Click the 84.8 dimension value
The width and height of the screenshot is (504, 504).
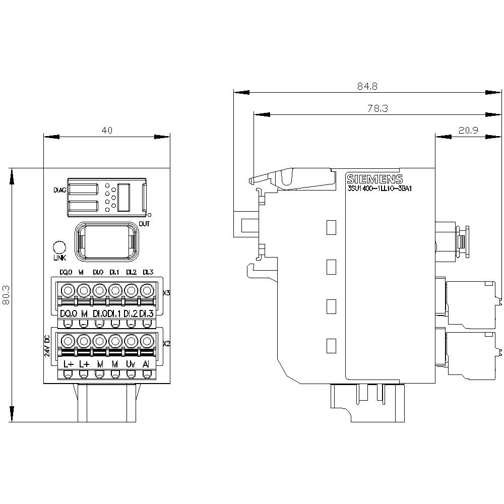click(367, 86)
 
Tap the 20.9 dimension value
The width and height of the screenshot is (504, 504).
click(468, 130)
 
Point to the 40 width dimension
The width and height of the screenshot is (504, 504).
click(106, 130)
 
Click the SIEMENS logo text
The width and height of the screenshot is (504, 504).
click(375, 179)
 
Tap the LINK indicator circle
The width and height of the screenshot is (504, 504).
click(59, 247)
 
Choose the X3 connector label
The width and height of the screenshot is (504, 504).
click(167, 292)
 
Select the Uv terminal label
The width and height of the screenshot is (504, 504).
click(131, 363)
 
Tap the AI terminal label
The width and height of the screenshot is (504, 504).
click(146, 363)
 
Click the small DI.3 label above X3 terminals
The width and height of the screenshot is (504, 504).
click(147, 272)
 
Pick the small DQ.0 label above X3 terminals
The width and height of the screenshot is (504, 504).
click(66, 272)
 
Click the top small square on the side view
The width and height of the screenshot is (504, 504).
click(331, 227)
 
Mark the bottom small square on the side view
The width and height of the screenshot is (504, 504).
click(331, 346)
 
